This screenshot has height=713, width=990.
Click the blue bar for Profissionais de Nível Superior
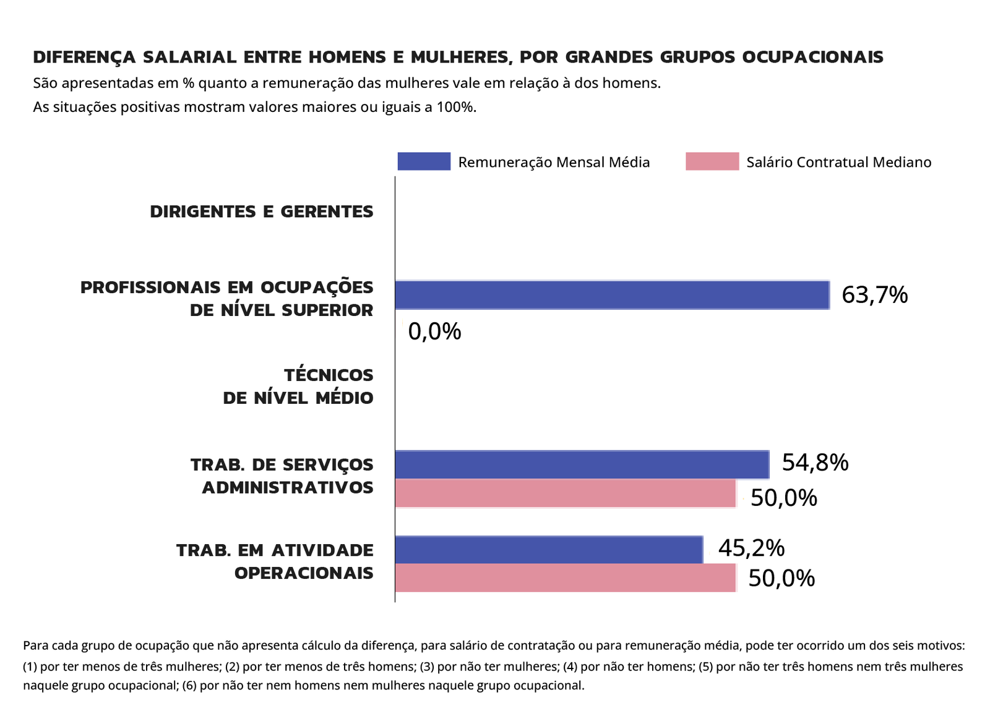click(612, 295)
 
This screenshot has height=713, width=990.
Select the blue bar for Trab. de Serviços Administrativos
click(582, 464)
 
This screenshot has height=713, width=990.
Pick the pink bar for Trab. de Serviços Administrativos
click(565, 493)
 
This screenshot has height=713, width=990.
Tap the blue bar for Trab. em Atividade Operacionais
click(549, 550)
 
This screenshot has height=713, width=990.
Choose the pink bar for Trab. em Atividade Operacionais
click(565, 578)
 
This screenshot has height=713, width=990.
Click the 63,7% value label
click(874, 295)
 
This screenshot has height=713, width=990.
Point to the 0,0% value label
click(434, 332)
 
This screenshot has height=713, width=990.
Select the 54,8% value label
click(815, 463)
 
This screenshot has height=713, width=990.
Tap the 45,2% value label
click(751, 548)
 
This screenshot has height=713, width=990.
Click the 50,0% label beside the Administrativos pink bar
click(783, 498)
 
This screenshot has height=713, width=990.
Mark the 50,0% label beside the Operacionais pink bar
click(781, 578)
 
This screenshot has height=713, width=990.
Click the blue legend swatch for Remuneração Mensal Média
click(424, 161)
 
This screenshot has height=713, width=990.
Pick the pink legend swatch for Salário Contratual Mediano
click(712, 161)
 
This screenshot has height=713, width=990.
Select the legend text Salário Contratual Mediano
click(838, 162)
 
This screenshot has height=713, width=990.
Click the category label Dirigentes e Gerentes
click(262, 211)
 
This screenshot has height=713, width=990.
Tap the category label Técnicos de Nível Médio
click(298, 386)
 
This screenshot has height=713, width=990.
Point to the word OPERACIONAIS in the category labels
click(304, 573)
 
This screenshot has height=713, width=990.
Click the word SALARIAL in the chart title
click(189, 57)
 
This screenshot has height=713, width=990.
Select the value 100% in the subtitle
click(455, 107)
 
